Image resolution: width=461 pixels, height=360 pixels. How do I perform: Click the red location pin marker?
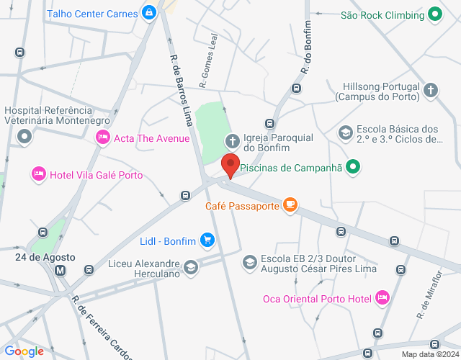[230, 165]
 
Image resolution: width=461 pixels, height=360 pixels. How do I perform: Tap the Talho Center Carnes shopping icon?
[149, 12]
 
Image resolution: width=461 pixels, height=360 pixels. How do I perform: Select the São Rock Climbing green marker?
[435, 14]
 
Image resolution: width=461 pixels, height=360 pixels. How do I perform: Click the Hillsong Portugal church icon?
[431, 90]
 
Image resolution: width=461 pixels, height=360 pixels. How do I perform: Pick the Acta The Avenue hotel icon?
[103, 138]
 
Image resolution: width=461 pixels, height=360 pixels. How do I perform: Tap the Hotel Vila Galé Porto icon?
[38, 174]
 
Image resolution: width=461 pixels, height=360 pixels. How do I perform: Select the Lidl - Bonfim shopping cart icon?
[207, 239]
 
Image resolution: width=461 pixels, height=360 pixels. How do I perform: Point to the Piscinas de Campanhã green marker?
[352, 168]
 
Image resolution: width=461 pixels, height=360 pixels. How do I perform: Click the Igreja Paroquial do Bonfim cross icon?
[233, 140]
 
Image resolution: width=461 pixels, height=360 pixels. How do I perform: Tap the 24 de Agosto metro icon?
[60, 270]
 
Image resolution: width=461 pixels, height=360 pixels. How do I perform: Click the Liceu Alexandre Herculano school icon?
[191, 269]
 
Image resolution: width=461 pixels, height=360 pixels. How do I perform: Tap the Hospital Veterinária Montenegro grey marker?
[25, 135]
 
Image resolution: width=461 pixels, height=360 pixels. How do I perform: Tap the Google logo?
[24, 351]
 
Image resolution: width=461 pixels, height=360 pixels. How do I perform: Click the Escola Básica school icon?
[346, 132]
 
